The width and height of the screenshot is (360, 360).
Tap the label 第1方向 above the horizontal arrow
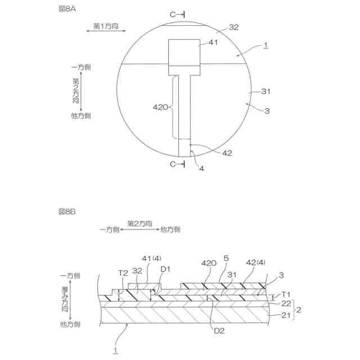(x=105, y=26)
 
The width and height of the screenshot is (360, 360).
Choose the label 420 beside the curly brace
(x=160, y=106)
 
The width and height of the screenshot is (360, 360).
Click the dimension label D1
(x=164, y=269)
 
